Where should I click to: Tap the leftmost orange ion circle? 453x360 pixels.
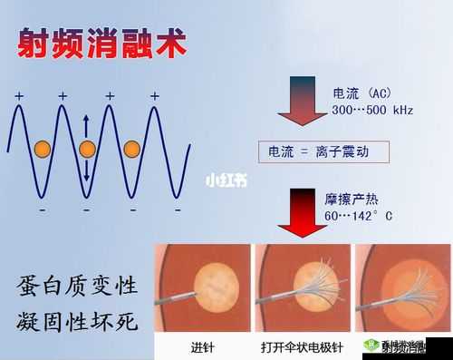(42, 149)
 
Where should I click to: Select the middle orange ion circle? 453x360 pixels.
(87, 149)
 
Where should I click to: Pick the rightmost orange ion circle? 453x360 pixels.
(132, 148)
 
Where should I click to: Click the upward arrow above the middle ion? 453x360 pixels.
(87, 124)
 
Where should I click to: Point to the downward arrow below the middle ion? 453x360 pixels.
(87, 170)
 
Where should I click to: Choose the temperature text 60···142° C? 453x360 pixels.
(359, 218)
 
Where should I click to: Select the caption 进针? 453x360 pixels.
(203, 346)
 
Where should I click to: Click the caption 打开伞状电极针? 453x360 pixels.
(301, 346)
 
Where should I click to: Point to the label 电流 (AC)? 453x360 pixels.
(361, 91)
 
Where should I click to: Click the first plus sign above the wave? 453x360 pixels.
(19, 95)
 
